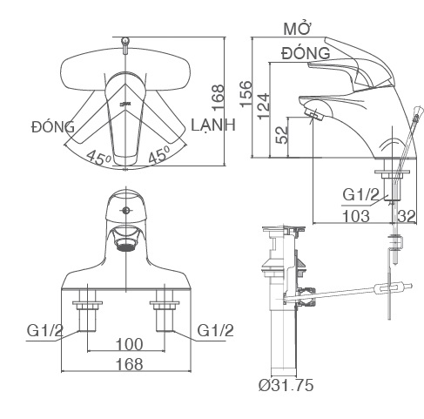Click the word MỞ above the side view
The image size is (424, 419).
coord(299,29)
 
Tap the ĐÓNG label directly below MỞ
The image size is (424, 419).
coord(305,53)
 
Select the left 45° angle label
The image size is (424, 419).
coord(98,159)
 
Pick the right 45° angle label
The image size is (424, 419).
coord(157,157)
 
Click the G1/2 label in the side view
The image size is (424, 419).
coord(360,195)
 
